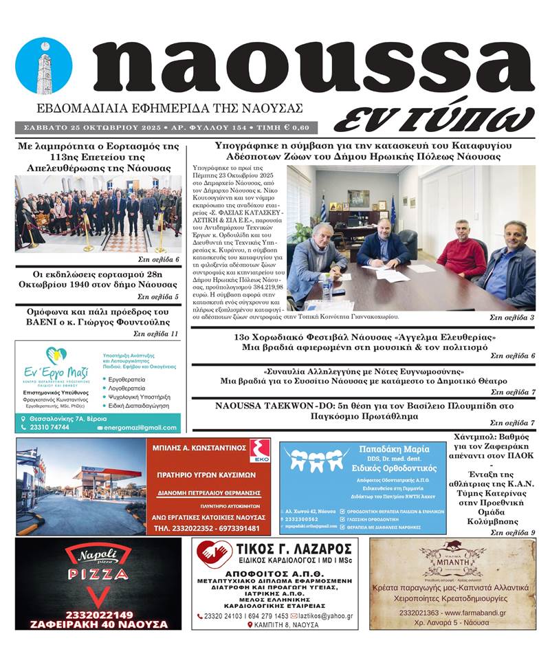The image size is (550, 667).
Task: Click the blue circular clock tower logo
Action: (x=43, y=65)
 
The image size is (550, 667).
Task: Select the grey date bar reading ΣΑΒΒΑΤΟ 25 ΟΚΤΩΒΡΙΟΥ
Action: (x=162, y=128)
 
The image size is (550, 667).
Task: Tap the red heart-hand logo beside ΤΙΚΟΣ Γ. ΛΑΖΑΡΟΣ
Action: (x=214, y=554)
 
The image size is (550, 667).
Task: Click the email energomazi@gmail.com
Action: (x=141, y=428)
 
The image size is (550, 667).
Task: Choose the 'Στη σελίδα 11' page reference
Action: (x=156, y=334)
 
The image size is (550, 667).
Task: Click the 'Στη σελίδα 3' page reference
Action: (x=511, y=318)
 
